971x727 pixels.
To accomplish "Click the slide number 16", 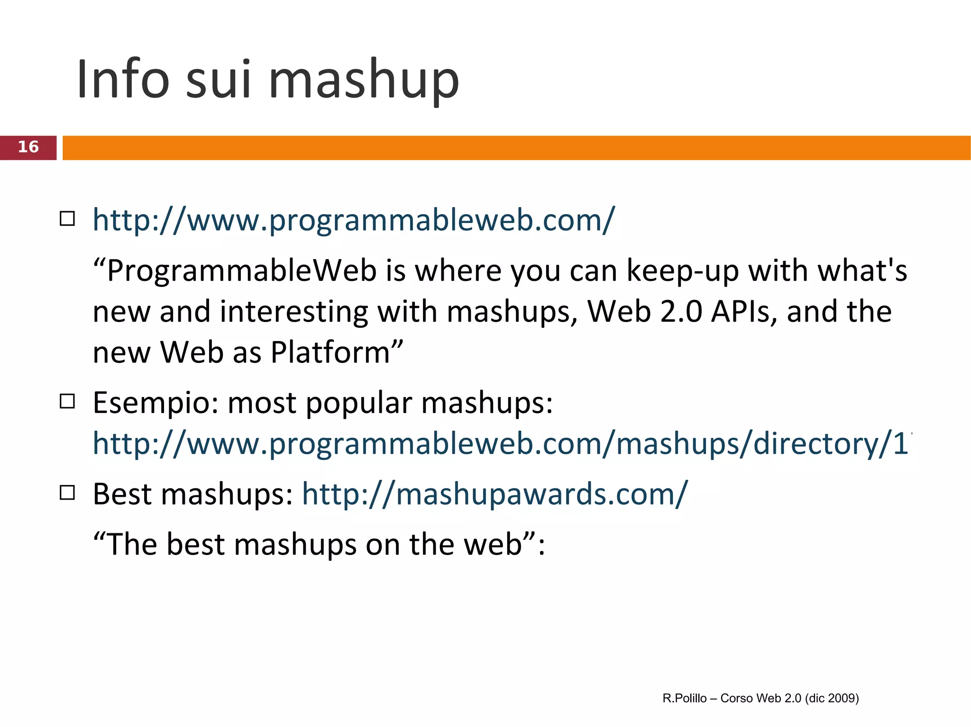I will point(28,147).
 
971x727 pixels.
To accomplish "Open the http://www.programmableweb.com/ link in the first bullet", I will point(353,220).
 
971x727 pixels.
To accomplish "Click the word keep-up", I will point(682,271).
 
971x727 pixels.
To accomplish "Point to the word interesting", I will point(293,312).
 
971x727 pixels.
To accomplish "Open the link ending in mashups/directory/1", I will point(500,444).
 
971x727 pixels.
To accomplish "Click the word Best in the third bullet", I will point(122,494).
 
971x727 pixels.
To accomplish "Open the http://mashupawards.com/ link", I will point(495,494).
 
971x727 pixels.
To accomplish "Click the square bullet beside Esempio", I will point(67,402).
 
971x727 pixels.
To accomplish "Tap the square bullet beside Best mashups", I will point(67,493).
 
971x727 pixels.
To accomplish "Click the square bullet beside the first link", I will point(67,219).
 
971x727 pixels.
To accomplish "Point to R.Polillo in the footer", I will point(684,698).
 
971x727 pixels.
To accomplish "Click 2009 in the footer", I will point(842,698).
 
